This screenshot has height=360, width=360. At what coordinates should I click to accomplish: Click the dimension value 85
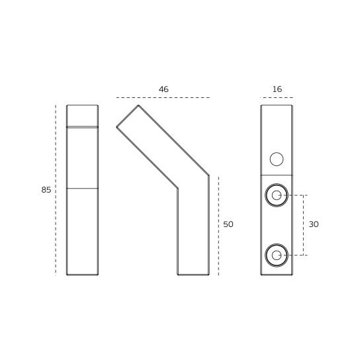click(x=46, y=190)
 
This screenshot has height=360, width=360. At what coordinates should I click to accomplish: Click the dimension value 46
click(x=163, y=89)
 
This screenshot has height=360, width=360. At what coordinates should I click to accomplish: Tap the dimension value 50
click(x=228, y=224)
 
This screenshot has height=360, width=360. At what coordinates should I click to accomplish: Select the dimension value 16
click(x=277, y=89)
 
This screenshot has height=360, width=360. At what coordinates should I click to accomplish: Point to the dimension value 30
click(x=314, y=224)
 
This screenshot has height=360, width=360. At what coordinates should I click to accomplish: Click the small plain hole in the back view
click(x=277, y=159)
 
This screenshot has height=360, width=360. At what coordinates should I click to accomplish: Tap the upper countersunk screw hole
click(x=277, y=195)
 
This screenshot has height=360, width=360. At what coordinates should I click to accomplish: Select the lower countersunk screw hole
click(x=277, y=255)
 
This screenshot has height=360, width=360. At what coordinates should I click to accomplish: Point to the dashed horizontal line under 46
click(x=163, y=98)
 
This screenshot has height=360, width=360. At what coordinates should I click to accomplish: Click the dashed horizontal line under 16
click(x=277, y=98)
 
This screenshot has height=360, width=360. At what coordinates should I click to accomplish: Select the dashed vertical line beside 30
click(x=304, y=225)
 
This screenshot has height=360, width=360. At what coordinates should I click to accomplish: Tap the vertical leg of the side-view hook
click(x=193, y=232)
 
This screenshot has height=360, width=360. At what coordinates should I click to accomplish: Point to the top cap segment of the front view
click(x=82, y=115)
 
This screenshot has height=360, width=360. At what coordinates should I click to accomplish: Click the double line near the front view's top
click(x=82, y=126)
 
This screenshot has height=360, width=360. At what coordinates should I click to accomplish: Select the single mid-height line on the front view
click(x=82, y=189)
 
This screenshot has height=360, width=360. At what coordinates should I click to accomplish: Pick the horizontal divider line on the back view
click(x=277, y=175)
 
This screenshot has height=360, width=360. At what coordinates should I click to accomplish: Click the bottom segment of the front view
click(x=82, y=232)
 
